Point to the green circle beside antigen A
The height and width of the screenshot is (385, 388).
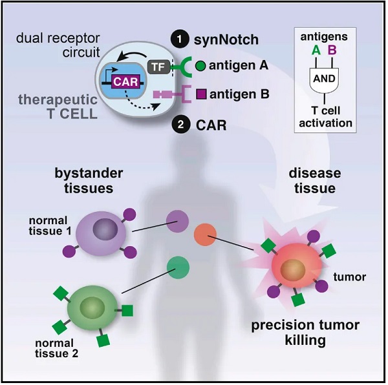click(200, 65)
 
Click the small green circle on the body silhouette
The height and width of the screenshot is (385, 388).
click(178, 267)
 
